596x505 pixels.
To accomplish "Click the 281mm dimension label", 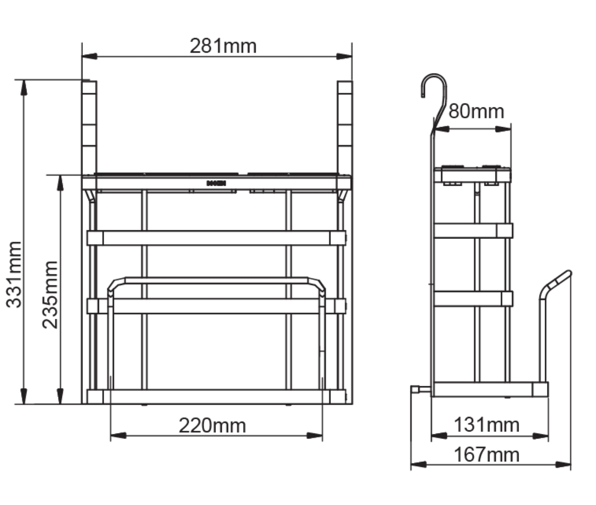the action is (223, 46).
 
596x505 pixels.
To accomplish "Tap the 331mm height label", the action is (14, 275).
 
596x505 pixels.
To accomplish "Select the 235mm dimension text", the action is (50, 295).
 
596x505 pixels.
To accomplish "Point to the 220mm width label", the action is (212, 426).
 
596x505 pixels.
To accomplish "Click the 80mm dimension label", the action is (476, 111).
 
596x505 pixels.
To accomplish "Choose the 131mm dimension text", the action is (487, 425).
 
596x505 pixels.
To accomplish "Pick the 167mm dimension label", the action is (487, 455).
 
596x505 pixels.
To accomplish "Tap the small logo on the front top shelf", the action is (216, 183).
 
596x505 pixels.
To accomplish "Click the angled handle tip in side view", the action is (568, 272).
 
